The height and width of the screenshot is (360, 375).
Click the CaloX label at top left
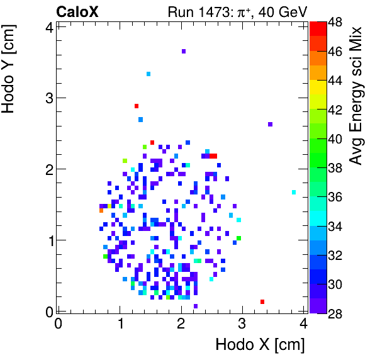[77, 11]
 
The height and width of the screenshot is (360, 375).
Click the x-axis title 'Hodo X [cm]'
[260, 345]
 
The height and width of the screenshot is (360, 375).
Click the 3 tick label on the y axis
[48, 98]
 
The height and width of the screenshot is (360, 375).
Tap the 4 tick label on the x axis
[303, 323]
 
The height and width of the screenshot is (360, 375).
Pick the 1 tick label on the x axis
[120, 323]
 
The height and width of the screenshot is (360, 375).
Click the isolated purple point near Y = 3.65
[183, 51]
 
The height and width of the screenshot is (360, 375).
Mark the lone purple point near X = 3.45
[270, 124]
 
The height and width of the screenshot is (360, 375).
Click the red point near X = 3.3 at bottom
[262, 302]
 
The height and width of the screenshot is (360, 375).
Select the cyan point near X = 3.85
[294, 192]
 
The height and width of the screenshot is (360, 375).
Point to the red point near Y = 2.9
[136, 106]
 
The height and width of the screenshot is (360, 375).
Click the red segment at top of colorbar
[318, 28]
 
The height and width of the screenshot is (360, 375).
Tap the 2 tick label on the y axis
[48, 169]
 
